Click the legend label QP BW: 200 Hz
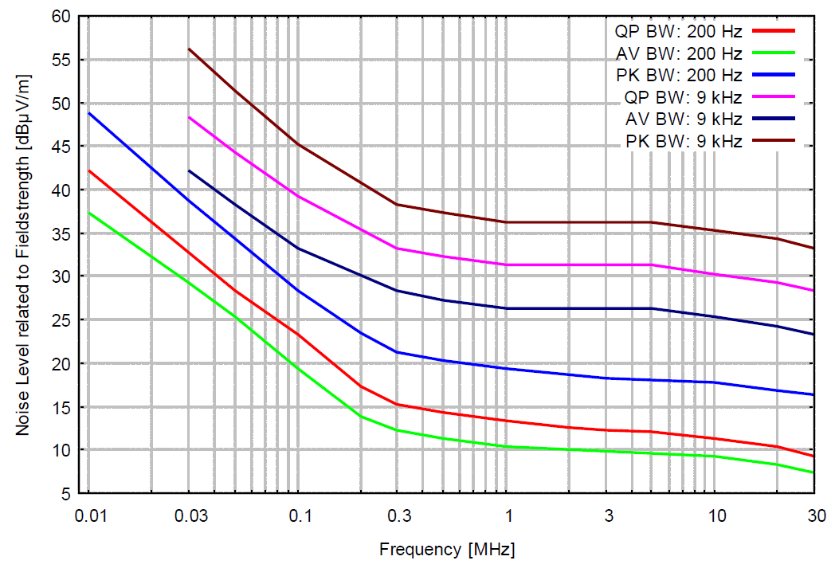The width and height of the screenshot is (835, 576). (x=678, y=33)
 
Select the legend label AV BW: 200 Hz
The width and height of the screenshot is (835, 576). (x=679, y=54)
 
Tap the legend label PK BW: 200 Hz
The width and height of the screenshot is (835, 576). (x=679, y=76)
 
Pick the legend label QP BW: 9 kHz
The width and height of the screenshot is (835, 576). (x=684, y=98)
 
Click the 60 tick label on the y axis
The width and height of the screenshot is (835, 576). (x=63, y=17)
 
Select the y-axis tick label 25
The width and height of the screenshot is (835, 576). (x=63, y=320)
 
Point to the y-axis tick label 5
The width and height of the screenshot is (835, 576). (x=67, y=494)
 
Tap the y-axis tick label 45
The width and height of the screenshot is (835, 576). (x=63, y=147)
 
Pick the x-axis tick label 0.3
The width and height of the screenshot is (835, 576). (x=400, y=516)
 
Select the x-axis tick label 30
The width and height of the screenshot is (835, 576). (x=813, y=516)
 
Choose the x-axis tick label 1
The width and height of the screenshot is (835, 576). (x=507, y=516)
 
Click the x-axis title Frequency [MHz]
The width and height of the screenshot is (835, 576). (x=447, y=550)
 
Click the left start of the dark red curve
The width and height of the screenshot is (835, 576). (x=189, y=49)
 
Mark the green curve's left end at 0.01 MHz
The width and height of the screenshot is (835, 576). (x=88, y=213)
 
